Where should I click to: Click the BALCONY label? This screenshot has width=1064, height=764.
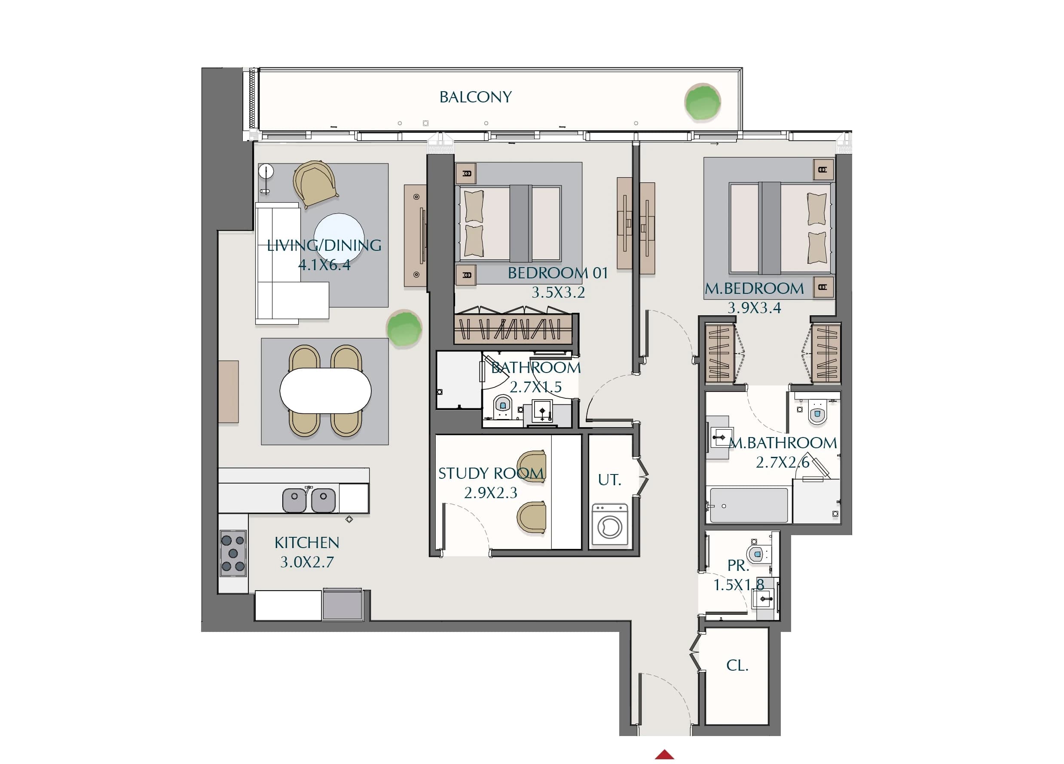point(475,97)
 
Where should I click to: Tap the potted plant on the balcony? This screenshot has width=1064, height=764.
point(702,102)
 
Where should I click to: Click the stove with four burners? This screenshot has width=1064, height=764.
point(233,553)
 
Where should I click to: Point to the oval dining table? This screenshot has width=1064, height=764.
point(325,391)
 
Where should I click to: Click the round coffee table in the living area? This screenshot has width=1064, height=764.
point(339,238)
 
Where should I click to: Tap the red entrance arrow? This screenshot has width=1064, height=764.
point(664,755)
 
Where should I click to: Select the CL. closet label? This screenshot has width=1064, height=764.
point(737,665)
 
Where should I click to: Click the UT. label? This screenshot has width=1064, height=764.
point(609,480)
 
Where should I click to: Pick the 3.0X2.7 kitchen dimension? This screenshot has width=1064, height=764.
point(307,562)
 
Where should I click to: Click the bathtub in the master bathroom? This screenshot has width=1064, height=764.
point(749,505)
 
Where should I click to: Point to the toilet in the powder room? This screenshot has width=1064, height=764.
point(756,554)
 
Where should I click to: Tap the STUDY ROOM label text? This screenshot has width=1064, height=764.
point(491,473)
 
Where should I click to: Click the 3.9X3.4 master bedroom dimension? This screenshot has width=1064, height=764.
point(754,308)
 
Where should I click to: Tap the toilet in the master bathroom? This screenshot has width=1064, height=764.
point(817,412)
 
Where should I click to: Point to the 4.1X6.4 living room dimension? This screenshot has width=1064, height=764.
point(324,265)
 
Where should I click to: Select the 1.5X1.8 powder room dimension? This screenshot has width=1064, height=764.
point(738,585)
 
